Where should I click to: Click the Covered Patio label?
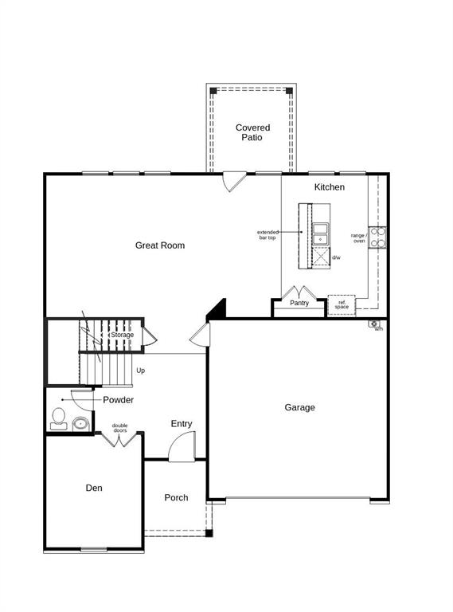252,132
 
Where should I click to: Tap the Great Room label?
159,245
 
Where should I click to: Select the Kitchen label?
329,187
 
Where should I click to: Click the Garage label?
299,407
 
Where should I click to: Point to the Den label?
94,488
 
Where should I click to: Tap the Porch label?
176,497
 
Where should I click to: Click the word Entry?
182,424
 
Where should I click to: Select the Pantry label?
299,303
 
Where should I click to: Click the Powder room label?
118,400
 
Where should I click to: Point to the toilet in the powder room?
58,419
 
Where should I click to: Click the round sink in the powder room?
80,423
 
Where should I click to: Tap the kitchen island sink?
320,233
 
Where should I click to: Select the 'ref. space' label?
342,304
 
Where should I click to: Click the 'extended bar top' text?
267,235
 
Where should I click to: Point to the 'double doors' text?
119,427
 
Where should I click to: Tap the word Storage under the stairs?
122,335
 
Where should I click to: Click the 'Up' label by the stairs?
141,370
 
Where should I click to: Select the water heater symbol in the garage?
373,324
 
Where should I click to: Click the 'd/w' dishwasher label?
336,257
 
